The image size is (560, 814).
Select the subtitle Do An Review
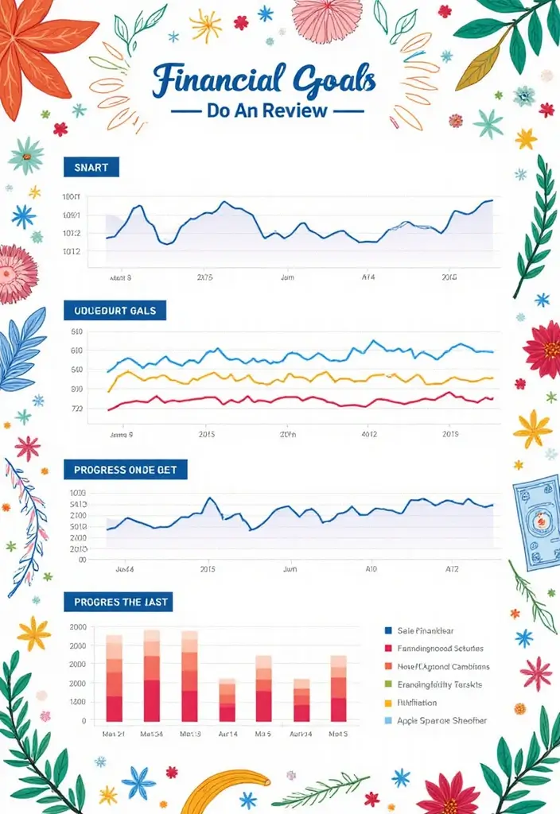click(x=266, y=110)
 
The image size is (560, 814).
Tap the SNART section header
click(x=91, y=167)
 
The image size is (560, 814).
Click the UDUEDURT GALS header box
click(x=115, y=310)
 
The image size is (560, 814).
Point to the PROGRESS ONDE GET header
click(x=125, y=470)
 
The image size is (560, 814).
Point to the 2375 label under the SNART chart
click(x=205, y=278)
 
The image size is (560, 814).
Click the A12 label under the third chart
click(x=451, y=570)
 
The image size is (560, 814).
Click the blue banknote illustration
click(x=536, y=517)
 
